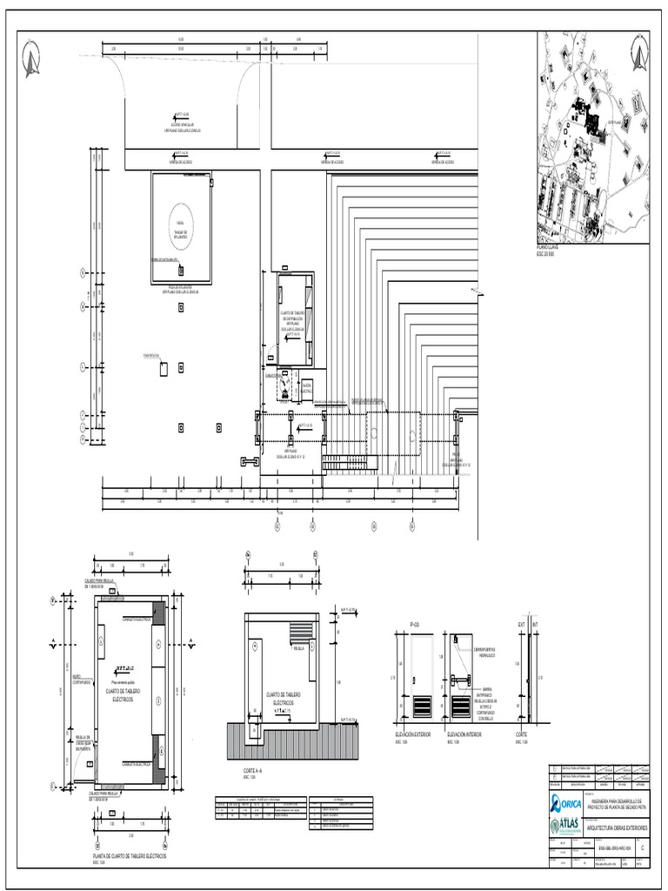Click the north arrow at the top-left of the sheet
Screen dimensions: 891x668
point(32,58)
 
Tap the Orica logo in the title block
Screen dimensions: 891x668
point(566,801)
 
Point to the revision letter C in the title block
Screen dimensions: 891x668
point(643,845)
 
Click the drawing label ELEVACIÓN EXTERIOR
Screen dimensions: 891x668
point(412,735)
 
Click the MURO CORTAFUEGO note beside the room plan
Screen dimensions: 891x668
point(77,680)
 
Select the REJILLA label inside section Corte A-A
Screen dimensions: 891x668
point(298,648)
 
